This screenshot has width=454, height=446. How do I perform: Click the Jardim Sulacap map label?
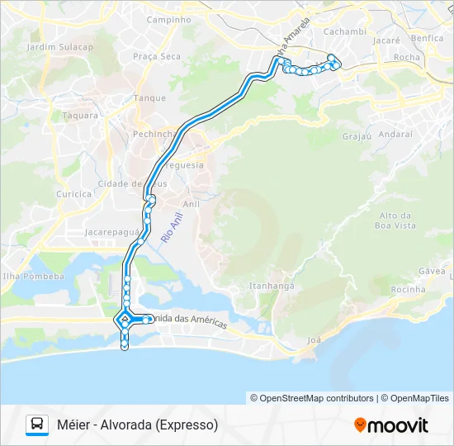[59, 47]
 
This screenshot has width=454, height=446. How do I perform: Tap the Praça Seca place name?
[156, 56]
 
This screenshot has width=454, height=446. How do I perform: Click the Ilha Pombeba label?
[32, 277]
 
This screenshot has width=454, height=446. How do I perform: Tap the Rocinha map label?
[408, 289]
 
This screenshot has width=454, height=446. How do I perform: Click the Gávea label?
[432, 271]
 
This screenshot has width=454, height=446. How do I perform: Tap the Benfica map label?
[427, 38]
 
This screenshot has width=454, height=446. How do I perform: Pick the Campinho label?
[168, 19]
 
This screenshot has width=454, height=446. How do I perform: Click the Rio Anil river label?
[172, 226]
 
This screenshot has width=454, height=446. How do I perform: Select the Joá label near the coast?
[314, 339]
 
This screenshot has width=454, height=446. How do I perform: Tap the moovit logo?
[391, 425]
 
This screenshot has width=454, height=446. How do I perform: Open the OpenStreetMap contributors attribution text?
[317, 398]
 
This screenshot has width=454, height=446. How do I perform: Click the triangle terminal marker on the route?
[125, 319]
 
